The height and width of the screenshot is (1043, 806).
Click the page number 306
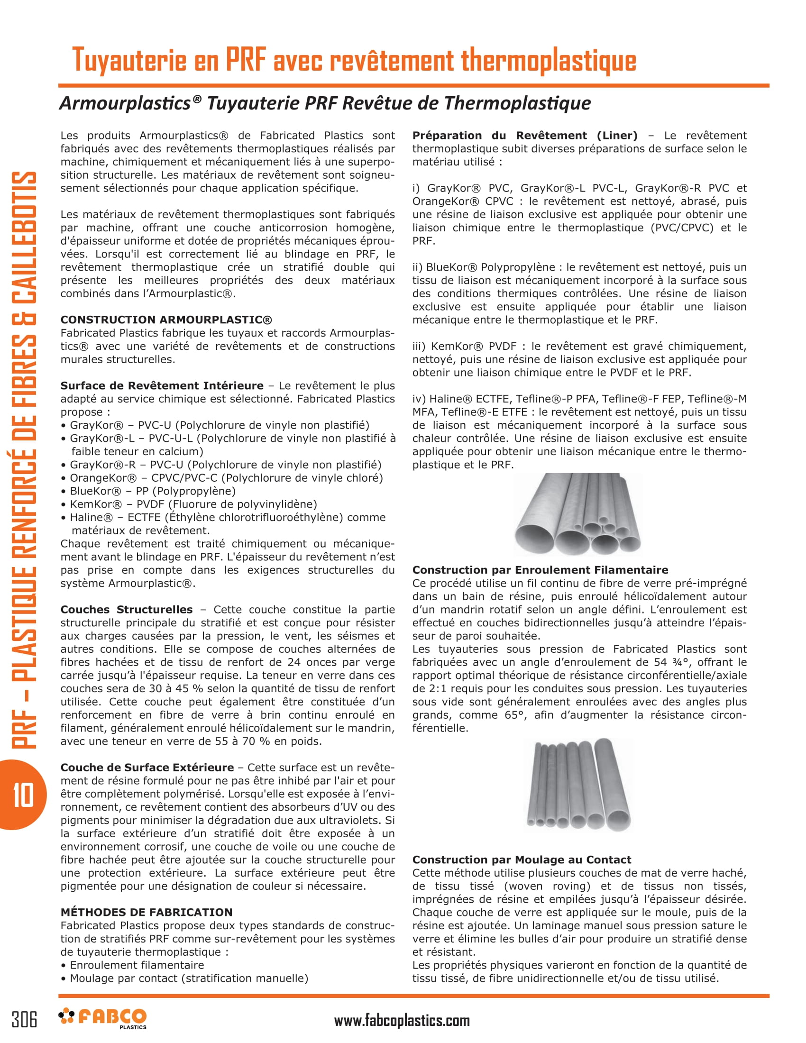click(x=24, y=1019)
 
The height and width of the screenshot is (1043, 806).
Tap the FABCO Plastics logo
click(x=103, y=1018)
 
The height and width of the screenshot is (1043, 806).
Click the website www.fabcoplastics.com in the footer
click(x=402, y=1021)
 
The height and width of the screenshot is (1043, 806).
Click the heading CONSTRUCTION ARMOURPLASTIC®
click(x=165, y=320)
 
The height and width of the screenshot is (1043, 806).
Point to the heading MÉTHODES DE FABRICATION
click(x=146, y=912)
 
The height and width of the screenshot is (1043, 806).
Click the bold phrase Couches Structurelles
click(x=126, y=609)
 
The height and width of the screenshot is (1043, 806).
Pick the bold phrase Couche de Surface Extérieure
click(x=147, y=768)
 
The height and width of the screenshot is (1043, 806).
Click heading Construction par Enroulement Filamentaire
click(x=540, y=570)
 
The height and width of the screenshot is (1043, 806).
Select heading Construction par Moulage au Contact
click(x=522, y=860)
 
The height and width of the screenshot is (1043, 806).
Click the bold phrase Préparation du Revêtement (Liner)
click(x=525, y=135)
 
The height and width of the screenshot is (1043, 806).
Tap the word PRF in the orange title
click(x=245, y=60)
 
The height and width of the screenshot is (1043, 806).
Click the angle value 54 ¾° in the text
click(x=671, y=662)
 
